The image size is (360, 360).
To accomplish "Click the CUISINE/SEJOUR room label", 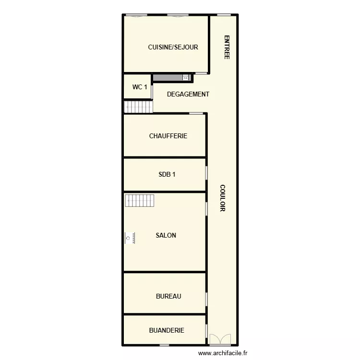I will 173,47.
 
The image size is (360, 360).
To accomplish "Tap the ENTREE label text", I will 227,48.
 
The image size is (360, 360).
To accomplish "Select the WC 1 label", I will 140,87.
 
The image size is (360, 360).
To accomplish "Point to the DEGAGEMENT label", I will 188,94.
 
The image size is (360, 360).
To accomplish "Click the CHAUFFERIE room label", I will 168,136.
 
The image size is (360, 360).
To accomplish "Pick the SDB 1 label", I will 167,174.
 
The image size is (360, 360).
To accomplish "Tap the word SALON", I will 166,235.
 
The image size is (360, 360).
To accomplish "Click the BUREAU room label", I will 168,296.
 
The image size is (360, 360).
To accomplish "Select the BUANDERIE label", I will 167,330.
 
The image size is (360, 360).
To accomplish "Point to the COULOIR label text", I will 222,198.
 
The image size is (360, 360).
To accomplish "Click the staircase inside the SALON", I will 140,200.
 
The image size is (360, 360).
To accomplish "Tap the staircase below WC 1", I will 138,107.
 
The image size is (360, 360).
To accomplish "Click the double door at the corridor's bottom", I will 220,339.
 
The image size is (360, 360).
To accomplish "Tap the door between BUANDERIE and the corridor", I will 206,331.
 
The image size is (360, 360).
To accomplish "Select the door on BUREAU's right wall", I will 206,299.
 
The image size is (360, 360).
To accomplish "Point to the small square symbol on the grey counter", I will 185,77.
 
